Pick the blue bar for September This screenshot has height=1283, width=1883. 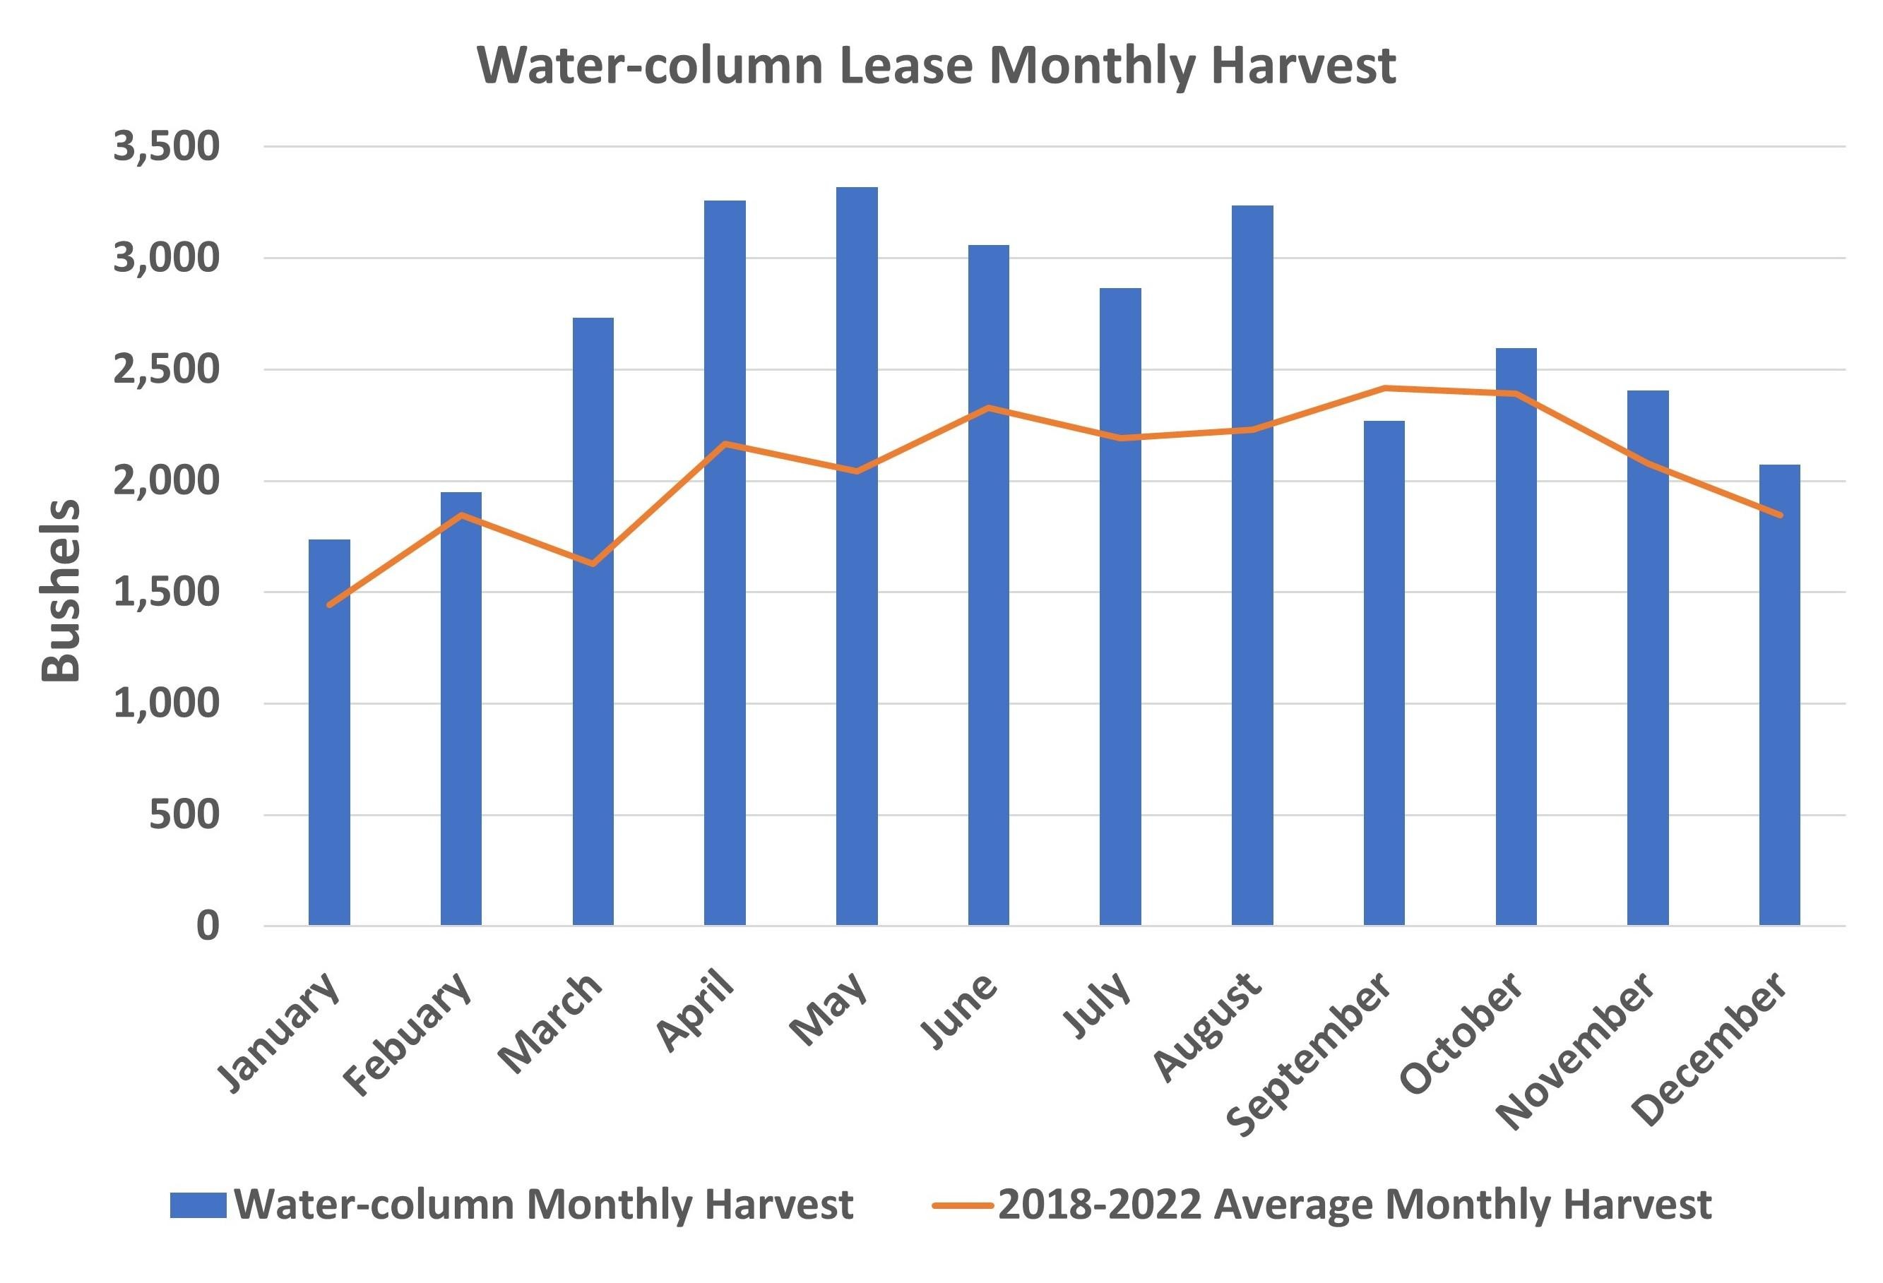(1384, 672)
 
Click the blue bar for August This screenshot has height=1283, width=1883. (1252, 567)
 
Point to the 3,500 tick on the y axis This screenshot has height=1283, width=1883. (166, 147)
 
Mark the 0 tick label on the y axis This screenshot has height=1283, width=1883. (208, 926)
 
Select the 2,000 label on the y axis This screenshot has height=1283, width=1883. (166, 481)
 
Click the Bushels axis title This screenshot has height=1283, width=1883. (61, 591)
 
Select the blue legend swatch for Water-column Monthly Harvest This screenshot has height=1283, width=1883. (198, 1205)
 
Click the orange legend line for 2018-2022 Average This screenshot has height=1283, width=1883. (962, 1205)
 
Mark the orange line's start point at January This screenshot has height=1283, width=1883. (329, 604)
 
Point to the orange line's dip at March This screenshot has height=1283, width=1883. (593, 563)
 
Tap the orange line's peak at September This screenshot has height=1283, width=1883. (1384, 388)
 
